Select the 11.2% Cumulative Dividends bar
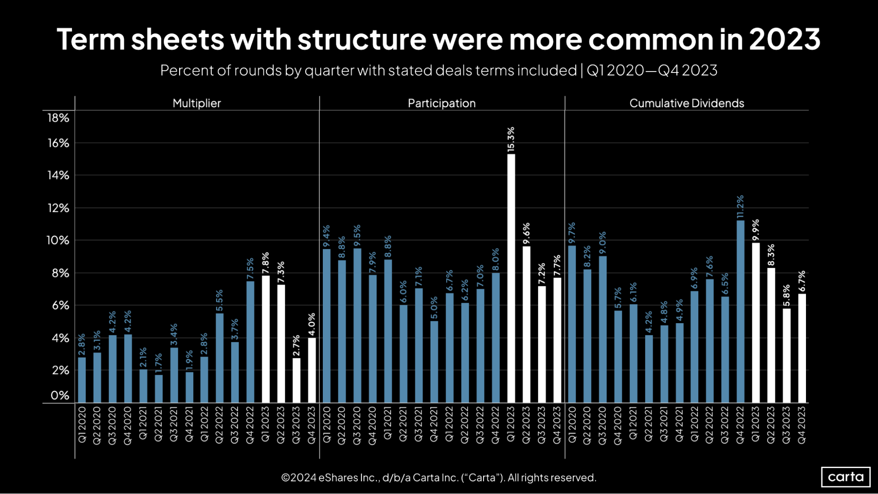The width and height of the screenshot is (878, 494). point(741,311)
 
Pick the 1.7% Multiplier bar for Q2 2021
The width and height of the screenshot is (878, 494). point(159,389)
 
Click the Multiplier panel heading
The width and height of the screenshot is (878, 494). point(196,103)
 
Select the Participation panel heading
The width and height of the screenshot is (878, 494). point(441,103)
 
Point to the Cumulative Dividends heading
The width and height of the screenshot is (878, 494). point(687,103)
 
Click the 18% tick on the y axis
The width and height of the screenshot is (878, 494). point(58,118)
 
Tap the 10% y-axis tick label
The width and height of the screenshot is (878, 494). point(58,240)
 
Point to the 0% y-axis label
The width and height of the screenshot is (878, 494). point(60,395)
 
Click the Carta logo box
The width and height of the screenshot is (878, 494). point(845,477)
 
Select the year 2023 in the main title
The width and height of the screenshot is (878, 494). point(784,40)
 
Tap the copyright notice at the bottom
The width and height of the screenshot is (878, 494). point(438,477)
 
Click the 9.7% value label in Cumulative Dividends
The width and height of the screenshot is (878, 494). point(572,233)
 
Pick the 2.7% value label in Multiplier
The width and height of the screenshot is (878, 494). point(296,346)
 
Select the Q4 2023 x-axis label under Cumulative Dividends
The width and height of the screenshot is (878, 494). point(802,425)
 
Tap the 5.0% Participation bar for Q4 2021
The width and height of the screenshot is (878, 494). point(434,362)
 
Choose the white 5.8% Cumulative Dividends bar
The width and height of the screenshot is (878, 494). point(787,356)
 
